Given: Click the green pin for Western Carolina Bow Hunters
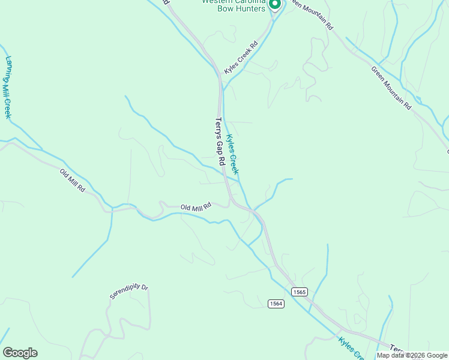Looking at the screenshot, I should [274, 5].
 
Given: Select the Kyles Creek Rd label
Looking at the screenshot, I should [241, 58].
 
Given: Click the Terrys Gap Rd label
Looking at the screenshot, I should [220, 142].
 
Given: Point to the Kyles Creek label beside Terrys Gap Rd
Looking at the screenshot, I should [232, 154].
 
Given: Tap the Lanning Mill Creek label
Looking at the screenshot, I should [8, 88].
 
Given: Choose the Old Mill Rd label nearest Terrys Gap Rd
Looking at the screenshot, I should [196, 207].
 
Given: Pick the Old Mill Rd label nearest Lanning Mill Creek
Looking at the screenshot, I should [73, 180].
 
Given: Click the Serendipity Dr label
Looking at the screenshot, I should [128, 291].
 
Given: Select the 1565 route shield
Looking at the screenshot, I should [300, 292].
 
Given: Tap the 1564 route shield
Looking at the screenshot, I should [276, 304].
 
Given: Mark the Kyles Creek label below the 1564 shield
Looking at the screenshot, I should [351, 349].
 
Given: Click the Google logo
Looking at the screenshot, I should [20, 353].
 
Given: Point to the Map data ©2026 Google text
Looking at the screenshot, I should [412, 355].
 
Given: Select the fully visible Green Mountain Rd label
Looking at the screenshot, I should [391, 88].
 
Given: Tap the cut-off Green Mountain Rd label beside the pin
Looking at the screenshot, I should [310, 14].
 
